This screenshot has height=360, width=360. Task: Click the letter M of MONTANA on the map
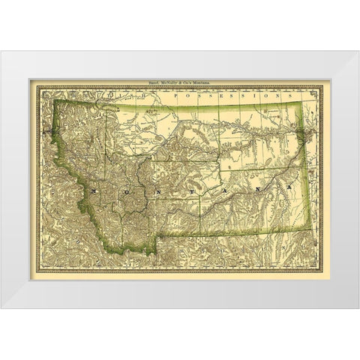coord(92,192)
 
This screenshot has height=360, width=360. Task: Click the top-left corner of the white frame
coord(1,51)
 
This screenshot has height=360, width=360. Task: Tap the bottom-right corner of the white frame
coord(358,308)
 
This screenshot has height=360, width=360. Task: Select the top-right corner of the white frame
coord(358,51)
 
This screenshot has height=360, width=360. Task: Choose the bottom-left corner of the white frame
coord(1,308)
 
